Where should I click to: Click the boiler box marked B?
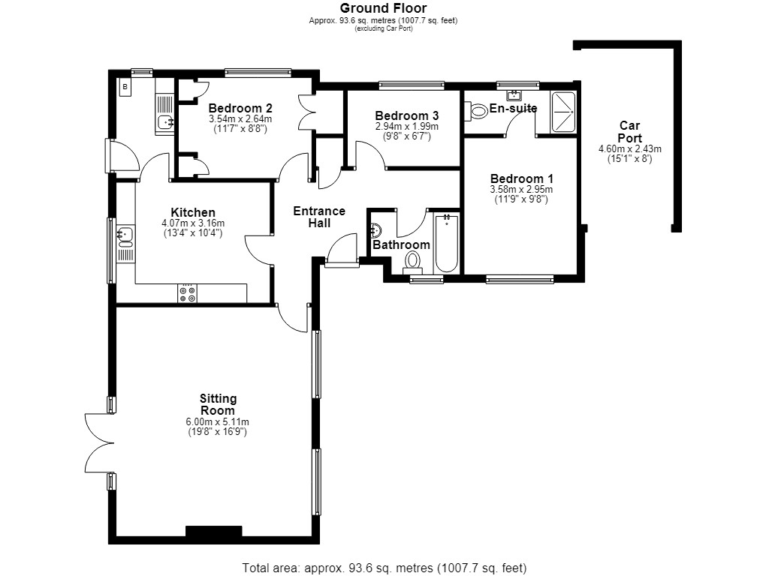tap(125, 87)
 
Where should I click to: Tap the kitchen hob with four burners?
tap(187, 293)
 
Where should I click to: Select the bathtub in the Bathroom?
tap(446, 244)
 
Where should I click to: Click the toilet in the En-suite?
tap(475, 110)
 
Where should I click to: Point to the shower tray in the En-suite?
tap(563, 112)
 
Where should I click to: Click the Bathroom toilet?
tap(413, 262)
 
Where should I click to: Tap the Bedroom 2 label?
tap(240, 108)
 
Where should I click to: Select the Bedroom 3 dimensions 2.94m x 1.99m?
tap(407, 126)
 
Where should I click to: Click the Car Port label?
tap(630, 132)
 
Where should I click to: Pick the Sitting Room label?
tap(218, 404)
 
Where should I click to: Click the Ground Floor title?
tap(384, 7)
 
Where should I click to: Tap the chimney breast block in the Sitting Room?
tap(214, 532)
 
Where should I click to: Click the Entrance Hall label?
tap(319, 217)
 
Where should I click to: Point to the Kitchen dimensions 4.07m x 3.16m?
tap(193, 223)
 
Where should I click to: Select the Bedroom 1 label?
tap(522, 178)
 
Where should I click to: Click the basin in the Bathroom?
tap(376, 230)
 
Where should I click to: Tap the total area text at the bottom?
tap(384, 568)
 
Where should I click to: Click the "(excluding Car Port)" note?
tap(384, 28)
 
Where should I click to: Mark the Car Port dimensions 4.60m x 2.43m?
tap(630, 149)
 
